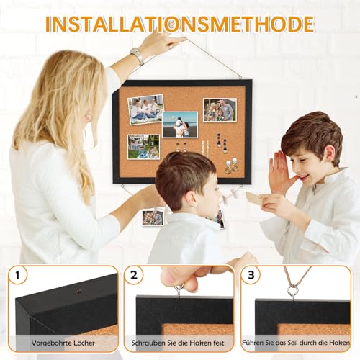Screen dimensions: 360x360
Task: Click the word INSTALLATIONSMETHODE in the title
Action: [x=180, y=23]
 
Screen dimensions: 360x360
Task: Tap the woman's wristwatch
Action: [x=137, y=55]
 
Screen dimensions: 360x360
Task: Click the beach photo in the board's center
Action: [x=179, y=124]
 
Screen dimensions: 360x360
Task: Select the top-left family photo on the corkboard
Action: [x=145, y=109]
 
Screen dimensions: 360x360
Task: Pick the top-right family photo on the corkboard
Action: [x=219, y=109]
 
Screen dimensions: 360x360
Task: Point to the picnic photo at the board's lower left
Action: [x=143, y=147]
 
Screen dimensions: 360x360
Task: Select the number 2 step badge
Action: [x=135, y=275]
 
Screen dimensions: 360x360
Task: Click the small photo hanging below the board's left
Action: [x=153, y=217]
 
